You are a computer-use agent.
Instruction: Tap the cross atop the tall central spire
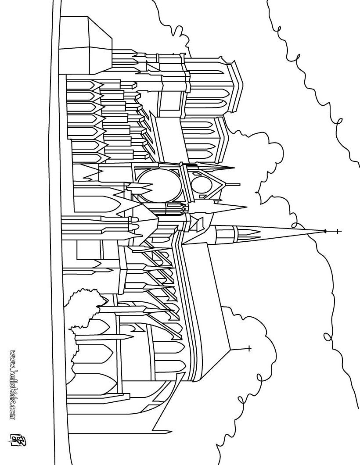tap(337, 231)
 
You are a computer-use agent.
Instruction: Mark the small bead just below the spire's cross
tap(325, 231)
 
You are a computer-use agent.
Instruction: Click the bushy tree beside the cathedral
tap(83, 316)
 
